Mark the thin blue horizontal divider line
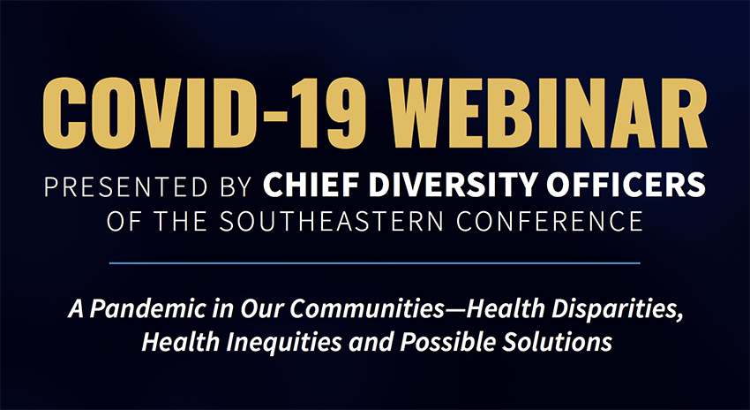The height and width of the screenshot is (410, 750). pyautogui.click(x=375, y=262)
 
